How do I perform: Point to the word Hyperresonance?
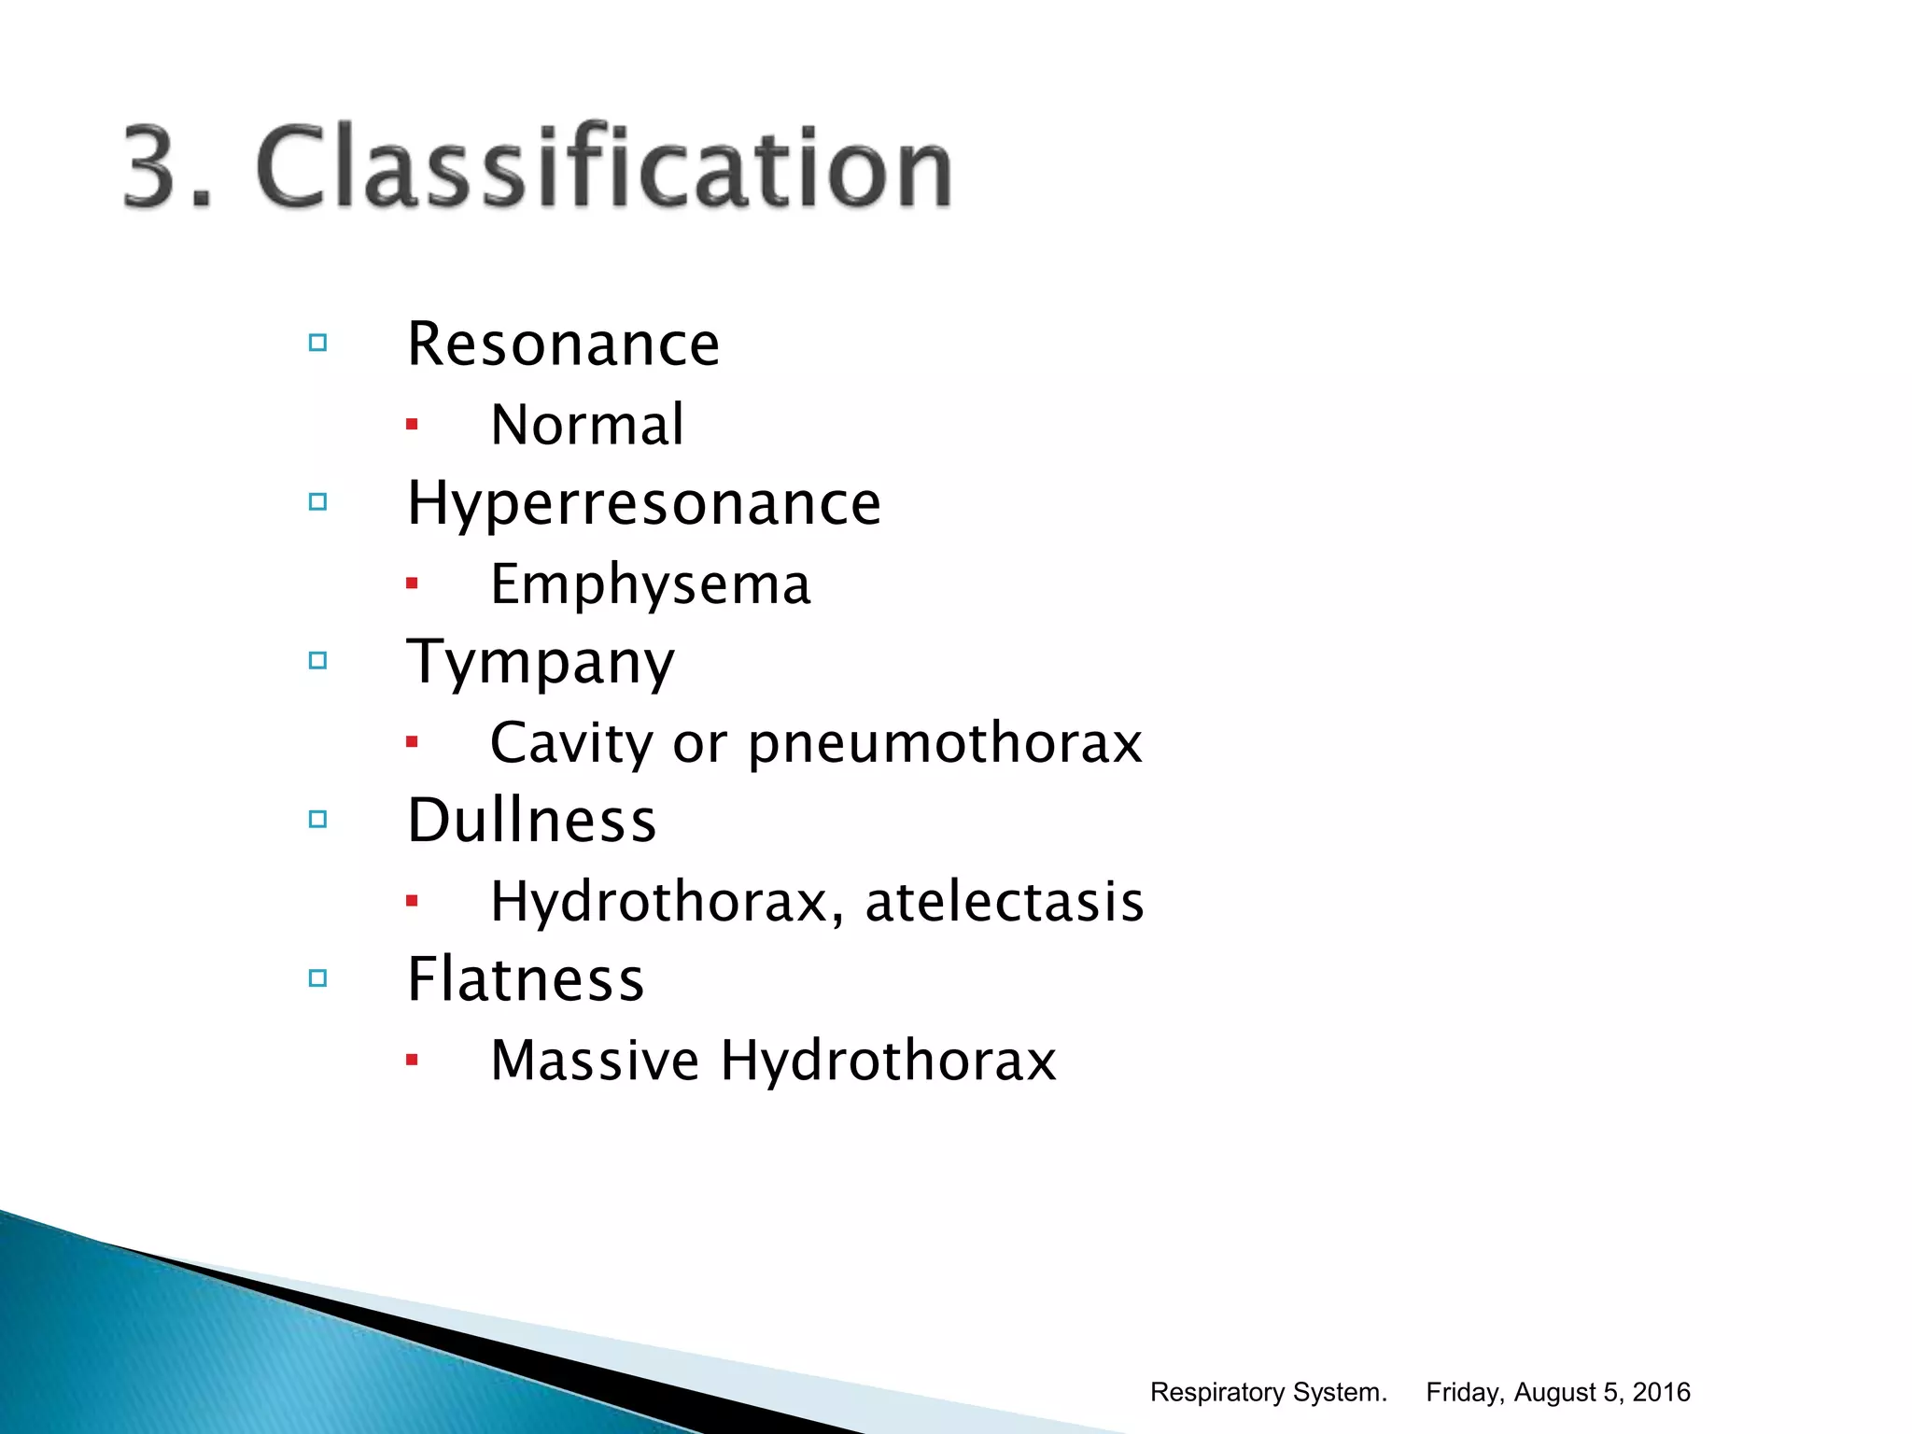pyautogui.click(x=643, y=504)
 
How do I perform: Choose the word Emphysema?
pyautogui.click(x=650, y=585)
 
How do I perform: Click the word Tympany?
pyautogui.click(x=541, y=663)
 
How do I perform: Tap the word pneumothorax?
pyautogui.click(x=945, y=744)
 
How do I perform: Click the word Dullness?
pyautogui.click(x=531, y=821)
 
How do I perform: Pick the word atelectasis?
pyautogui.click(x=1004, y=902)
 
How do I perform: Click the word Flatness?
pyautogui.click(x=526, y=979)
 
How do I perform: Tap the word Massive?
pyautogui.click(x=595, y=1061)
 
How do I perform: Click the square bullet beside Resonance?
pyautogui.click(x=318, y=343)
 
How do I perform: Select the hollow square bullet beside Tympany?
pyautogui.click(x=318, y=661)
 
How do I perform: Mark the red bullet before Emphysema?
pyautogui.click(x=412, y=583)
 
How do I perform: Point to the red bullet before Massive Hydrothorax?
pyautogui.click(x=412, y=1060)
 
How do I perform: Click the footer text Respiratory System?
pyautogui.click(x=1268, y=1392)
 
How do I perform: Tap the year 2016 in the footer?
pyautogui.click(x=1661, y=1392)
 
